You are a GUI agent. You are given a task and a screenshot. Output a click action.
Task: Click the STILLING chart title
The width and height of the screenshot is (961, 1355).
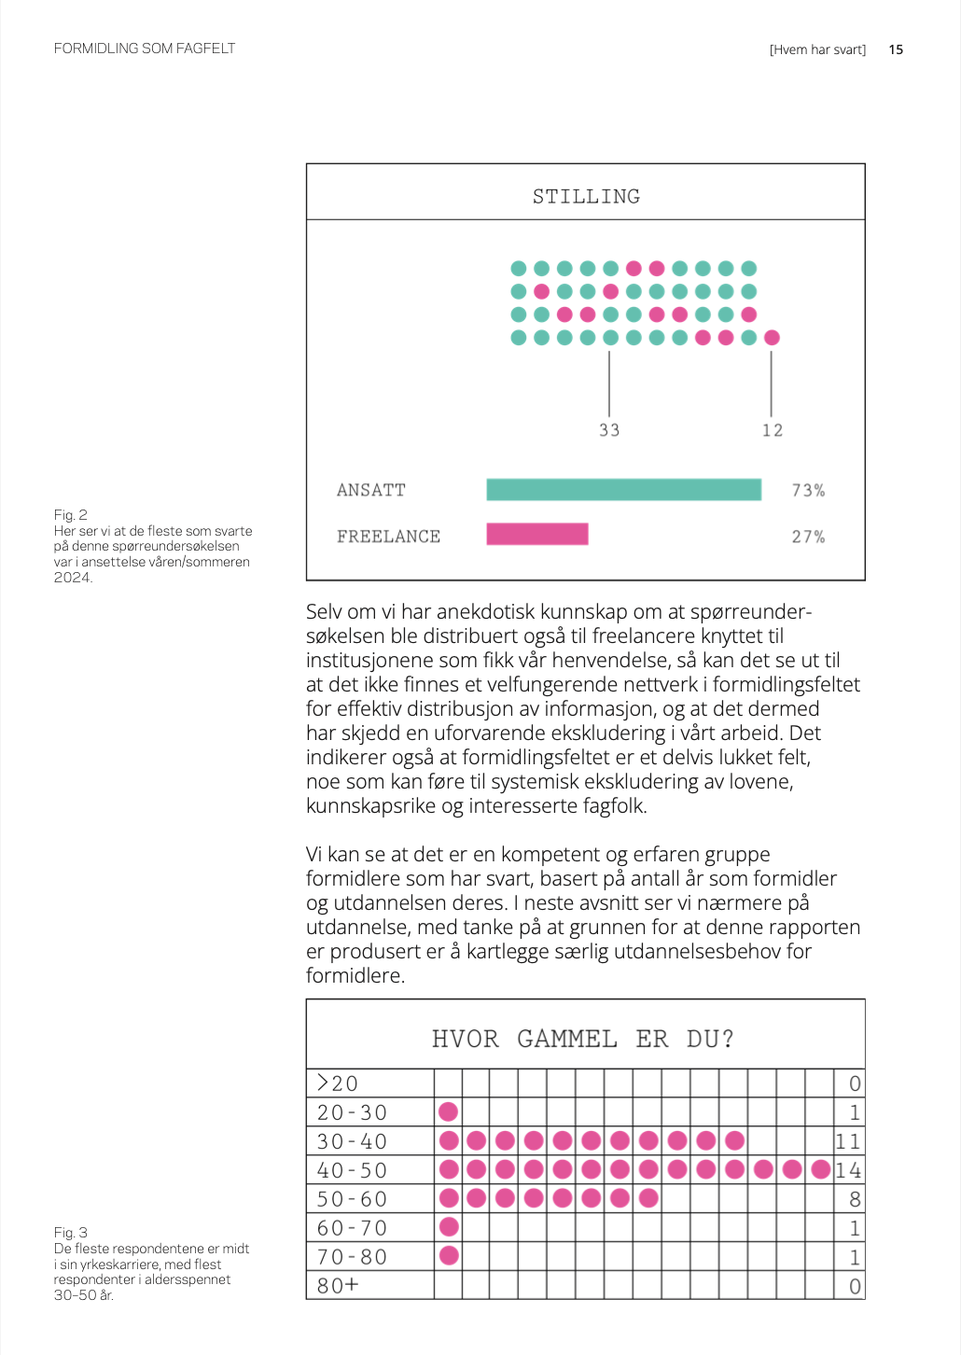click(x=586, y=196)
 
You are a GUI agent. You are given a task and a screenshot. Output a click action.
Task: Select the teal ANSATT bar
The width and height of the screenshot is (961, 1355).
click(x=623, y=490)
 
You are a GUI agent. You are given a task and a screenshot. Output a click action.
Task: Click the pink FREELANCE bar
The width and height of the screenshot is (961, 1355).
click(x=537, y=534)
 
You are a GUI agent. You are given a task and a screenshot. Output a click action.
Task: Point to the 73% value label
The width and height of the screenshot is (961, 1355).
click(x=808, y=490)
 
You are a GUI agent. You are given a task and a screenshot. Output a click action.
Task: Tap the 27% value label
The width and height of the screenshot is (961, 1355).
click(x=808, y=537)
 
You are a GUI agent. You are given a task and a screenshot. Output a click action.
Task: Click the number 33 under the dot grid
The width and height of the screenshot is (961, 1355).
click(x=609, y=430)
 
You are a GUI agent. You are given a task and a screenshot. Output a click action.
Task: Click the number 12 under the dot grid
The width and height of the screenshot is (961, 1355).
click(x=773, y=430)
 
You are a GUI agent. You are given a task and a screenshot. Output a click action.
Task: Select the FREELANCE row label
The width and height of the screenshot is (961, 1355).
click(x=388, y=537)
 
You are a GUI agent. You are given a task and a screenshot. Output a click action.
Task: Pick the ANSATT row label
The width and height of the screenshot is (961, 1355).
click(x=371, y=490)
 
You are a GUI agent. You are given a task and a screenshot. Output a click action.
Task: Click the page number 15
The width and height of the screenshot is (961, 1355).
click(x=896, y=49)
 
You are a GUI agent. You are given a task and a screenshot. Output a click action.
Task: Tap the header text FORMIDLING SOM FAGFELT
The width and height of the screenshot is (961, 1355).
click(x=145, y=49)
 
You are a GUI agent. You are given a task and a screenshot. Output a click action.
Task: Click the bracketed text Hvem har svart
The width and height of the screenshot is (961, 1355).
click(x=817, y=49)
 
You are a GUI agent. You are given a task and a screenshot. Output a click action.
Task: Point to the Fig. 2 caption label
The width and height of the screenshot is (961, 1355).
click(x=71, y=515)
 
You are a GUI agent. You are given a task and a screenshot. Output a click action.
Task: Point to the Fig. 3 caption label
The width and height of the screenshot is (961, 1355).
click(x=71, y=1233)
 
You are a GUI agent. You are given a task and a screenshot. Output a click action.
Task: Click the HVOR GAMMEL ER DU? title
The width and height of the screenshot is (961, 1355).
click(x=583, y=1039)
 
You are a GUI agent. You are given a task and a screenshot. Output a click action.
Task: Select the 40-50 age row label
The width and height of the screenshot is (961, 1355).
click(x=352, y=1170)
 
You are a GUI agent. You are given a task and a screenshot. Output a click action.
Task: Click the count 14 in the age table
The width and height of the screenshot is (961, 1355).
click(x=848, y=1170)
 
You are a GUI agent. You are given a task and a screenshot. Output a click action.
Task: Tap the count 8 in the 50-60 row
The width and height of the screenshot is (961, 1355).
click(x=855, y=1199)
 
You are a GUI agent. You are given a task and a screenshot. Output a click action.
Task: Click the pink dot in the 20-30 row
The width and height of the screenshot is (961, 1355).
click(x=449, y=1111)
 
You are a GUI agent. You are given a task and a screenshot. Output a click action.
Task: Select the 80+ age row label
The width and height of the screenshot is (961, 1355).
click(x=338, y=1286)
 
